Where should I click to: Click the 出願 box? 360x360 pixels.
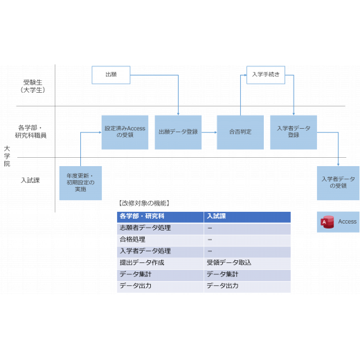pos(111,75)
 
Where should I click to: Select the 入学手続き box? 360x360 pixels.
pos(266,75)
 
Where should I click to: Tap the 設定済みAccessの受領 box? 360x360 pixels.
pos(125,132)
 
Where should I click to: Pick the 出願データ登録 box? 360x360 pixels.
pos(178,132)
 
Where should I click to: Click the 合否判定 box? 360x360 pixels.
pos(240,132)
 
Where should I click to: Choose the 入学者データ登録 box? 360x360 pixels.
pos(294,132)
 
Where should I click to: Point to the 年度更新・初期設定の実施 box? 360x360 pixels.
pos(80,183)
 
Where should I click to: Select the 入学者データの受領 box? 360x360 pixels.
pos(338,183)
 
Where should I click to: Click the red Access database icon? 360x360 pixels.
pos(327,222)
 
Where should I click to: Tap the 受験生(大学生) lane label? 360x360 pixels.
pos(33,87)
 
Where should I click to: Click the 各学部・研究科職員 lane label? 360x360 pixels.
pos(30,132)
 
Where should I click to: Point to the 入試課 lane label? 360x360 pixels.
pos(30,180)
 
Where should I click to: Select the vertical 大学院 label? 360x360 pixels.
pos(7,156)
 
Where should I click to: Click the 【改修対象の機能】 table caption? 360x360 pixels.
pos(144,204)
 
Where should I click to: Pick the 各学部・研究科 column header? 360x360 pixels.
pos(142,216)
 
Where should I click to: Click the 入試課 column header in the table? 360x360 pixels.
pos(216,216)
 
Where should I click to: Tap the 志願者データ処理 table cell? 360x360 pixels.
pos(145,228)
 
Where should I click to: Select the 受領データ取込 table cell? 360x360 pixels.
pos(229,262)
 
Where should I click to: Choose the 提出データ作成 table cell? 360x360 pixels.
pos(142,262)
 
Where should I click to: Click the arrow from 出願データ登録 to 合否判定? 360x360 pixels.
pos(209,132)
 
